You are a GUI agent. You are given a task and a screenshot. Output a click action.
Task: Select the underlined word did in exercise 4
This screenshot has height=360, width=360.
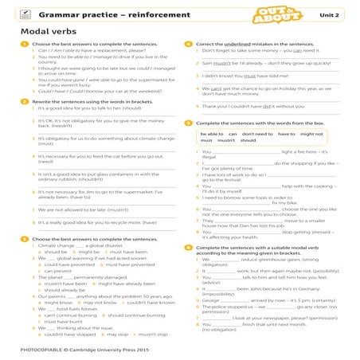pyautogui.click(x=277, y=106)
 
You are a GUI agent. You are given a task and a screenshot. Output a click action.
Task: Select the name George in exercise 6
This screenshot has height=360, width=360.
pyautogui.click(x=212, y=301)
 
